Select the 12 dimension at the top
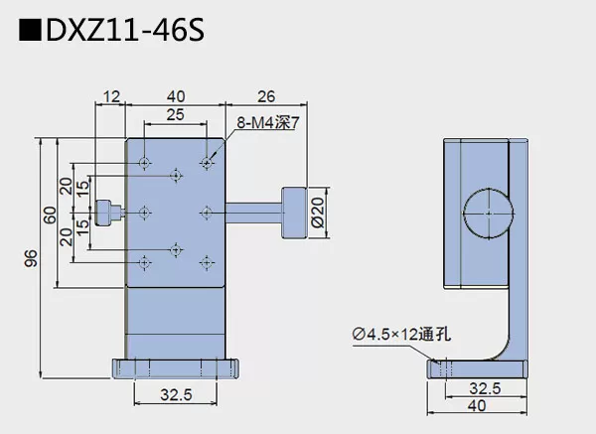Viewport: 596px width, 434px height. coord(109,95)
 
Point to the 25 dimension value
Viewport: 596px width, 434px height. coord(175,115)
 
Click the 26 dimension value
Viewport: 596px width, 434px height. coord(265,95)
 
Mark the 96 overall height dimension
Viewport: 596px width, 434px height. coord(31,258)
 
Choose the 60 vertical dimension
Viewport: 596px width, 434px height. coord(48,214)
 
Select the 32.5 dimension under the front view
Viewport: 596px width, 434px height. coord(176,395)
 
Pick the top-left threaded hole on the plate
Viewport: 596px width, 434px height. coord(146,162)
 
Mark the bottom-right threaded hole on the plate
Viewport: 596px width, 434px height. coord(206,261)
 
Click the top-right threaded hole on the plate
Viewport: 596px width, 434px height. coord(206,162)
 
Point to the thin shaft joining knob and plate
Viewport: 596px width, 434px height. coord(253,211)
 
